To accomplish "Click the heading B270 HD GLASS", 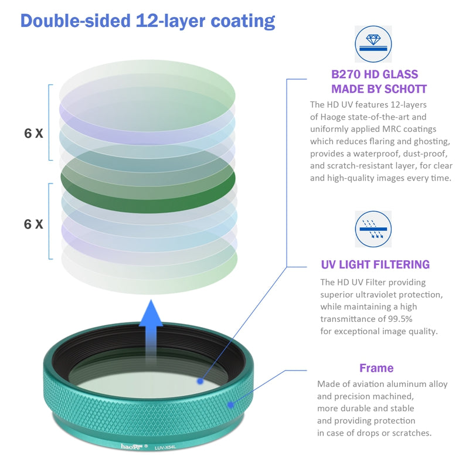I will coord(375,74).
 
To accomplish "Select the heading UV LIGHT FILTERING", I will coord(375,264).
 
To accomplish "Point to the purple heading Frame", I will coord(376,368).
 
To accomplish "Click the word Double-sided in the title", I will coord(75,21).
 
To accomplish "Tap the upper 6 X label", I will coord(33,133).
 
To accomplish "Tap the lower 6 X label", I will coord(33,225).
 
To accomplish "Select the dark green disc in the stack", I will coord(148,175).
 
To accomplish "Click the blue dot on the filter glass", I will coord(200,380).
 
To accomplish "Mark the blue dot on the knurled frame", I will coord(231,405).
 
